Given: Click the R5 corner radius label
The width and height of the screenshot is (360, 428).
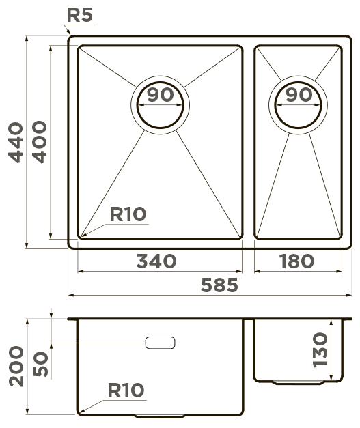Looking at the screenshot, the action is (80, 15).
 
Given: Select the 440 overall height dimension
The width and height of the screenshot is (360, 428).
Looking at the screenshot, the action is (16, 143).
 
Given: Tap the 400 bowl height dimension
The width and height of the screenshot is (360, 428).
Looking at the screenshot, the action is (40, 142).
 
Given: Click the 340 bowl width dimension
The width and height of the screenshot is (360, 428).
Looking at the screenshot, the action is (156, 261).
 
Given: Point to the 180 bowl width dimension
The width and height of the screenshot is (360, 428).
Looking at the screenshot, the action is (296, 261).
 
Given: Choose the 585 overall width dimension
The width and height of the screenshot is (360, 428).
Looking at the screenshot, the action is (219, 285).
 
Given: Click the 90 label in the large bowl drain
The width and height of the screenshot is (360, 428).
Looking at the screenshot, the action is (161, 94).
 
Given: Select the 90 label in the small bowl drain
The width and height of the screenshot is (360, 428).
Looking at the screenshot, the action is (299, 95).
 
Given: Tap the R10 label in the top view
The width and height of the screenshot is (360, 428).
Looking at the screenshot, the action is (128, 214).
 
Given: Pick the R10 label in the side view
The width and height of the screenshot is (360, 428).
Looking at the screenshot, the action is (126, 390).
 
